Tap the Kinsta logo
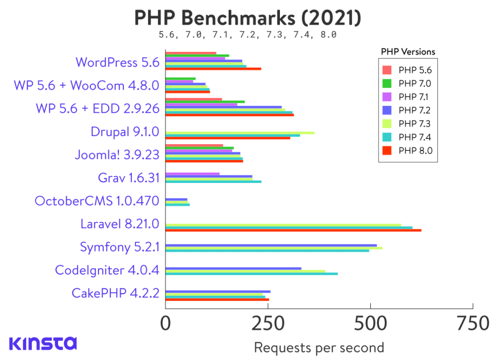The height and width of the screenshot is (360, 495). point(43,343)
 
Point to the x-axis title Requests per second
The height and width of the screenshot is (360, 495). point(319,347)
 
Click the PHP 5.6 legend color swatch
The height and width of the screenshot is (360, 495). point(387,70)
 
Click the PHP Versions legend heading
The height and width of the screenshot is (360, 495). point(408,52)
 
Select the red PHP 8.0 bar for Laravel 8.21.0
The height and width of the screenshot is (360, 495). point(293,230)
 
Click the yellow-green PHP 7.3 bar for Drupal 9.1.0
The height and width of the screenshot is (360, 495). point(240,133)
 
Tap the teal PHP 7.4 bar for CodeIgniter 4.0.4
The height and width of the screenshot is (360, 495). point(251,274)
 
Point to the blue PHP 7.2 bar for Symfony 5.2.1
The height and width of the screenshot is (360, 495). point(271,245)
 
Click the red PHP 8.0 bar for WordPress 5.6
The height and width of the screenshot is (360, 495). point(213,69)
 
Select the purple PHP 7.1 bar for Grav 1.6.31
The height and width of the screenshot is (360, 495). point(192,174)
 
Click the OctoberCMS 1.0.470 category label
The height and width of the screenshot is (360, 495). point(97,200)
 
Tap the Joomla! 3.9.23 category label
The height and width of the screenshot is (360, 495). point(117,155)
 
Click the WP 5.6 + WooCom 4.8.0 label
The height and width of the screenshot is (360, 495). point(87,86)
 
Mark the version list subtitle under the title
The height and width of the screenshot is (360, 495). point(247,35)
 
